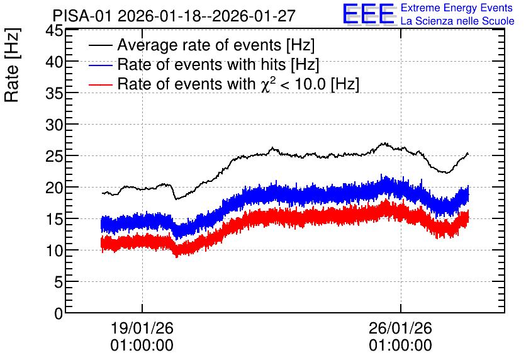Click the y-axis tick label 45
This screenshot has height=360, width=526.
click(x=54, y=31)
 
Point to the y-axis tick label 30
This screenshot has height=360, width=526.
click(x=54, y=125)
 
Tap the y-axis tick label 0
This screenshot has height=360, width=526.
click(x=59, y=313)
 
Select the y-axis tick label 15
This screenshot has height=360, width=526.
click(x=54, y=220)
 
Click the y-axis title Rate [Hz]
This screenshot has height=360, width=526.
click(x=12, y=65)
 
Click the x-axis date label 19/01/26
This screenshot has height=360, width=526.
click(x=142, y=328)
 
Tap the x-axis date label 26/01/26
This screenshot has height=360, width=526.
click(x=401, y=328)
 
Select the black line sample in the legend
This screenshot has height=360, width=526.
click(x=101, y=45)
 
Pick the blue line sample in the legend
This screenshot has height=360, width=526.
click(x=101, y=65)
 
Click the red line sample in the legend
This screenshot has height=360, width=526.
click(x=101, y=84)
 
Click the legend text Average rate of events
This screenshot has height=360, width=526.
click(x=199, y=45)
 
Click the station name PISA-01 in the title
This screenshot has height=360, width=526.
click(x=82, y=16)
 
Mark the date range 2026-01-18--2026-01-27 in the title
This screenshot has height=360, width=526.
click(x=206, y=16)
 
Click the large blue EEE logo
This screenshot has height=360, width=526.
click(x=369, y=14)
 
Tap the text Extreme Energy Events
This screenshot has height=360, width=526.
click(x=457, y=8)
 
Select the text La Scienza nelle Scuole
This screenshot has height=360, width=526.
click(x=457, y=21)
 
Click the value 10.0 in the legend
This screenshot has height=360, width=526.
click(x=310, y=84)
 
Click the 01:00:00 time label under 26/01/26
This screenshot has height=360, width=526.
click(x=401, y=346)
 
